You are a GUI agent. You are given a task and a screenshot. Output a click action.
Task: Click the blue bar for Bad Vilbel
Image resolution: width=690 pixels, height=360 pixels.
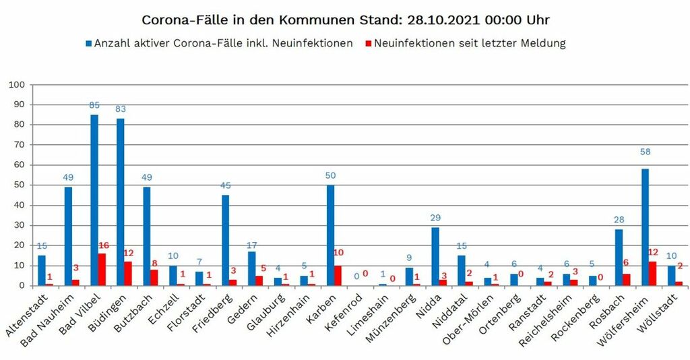[94, 200]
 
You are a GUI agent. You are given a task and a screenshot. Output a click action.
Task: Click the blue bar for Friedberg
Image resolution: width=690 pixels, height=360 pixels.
[226, 240]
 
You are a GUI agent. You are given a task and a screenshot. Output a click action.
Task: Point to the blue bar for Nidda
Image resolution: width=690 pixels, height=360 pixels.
[435, 256]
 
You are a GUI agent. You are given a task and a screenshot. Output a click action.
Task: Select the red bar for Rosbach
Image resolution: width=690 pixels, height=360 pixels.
[626, 280]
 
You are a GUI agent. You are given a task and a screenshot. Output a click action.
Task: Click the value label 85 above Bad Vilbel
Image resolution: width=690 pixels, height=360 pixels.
[94, 105]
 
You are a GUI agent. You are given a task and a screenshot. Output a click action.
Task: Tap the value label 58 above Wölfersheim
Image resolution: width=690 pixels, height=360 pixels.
[646, 152]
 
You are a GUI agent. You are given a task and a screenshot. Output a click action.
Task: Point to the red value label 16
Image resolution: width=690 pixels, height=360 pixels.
[103, 245]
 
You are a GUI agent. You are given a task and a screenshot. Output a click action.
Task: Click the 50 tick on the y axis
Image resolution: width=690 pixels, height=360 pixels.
[19, 185]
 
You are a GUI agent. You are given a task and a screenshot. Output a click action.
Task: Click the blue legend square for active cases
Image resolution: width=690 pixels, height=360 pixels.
[89, 43]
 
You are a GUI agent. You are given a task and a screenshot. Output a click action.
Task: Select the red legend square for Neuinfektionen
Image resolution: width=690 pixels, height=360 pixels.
[367, 43]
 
